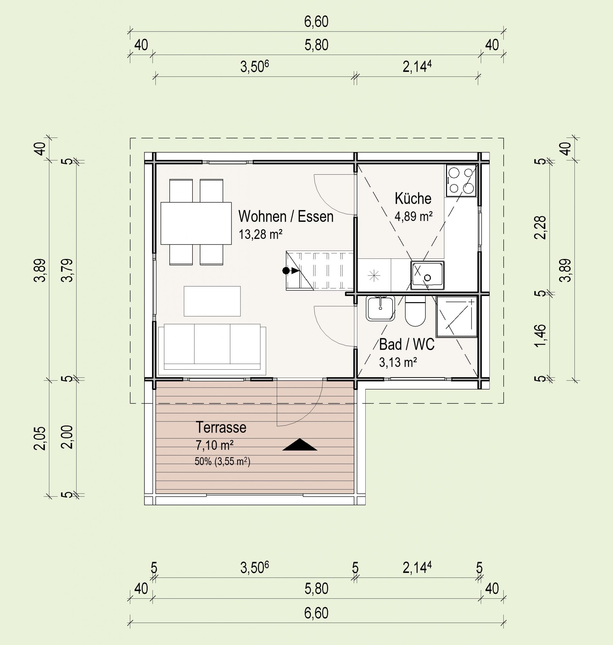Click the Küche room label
point(413,198)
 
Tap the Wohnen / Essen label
point(286,216)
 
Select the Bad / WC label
point(407,344)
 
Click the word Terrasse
point(221,427)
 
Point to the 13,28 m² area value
point(261,234)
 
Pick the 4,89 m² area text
point(414,216)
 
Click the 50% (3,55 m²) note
point(222,461)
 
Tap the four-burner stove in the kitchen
point(461,180)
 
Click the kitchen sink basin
point(427,275)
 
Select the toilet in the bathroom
point(415,311)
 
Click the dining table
point(196,223)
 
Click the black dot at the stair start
point(286,271)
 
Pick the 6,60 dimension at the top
point(316,22)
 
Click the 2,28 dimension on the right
point(540,228)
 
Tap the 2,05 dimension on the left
point(40,438)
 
